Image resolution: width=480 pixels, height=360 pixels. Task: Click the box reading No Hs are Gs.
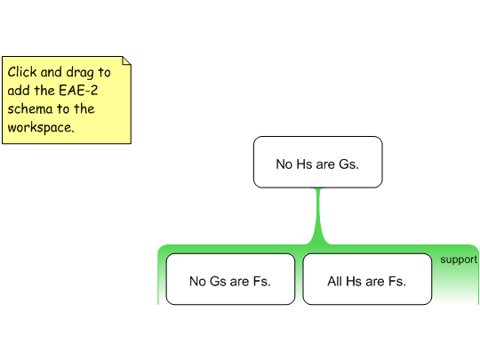click(317, 162)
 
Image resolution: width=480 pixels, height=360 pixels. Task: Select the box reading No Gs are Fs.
click(230, 279)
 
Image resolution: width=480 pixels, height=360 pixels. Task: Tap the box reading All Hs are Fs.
click(367, 279)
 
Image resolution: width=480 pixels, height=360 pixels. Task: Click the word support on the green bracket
click(459, 260)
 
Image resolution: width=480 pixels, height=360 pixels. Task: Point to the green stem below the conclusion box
click(318, 216)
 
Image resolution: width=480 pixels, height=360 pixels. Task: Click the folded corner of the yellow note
click(126, 60)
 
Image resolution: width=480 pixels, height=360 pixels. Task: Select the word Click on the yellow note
click(22, 72)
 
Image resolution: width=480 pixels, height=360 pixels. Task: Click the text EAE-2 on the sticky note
click(78, 91)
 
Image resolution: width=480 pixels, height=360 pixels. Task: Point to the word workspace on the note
click(41, 128)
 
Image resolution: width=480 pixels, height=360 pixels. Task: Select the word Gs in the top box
click(348, 164)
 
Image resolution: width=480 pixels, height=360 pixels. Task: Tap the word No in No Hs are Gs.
click(284, 164)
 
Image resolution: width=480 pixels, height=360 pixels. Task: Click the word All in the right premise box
click(334, 281)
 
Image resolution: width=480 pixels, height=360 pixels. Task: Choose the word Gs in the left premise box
click(216, 281)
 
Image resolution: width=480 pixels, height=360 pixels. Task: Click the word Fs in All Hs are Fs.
click(397, 281)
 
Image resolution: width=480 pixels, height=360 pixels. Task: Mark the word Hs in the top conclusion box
click(304, 164)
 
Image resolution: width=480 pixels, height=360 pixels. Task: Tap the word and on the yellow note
click(52, 72)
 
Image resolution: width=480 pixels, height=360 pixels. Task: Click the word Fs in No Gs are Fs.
click(261, 281)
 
